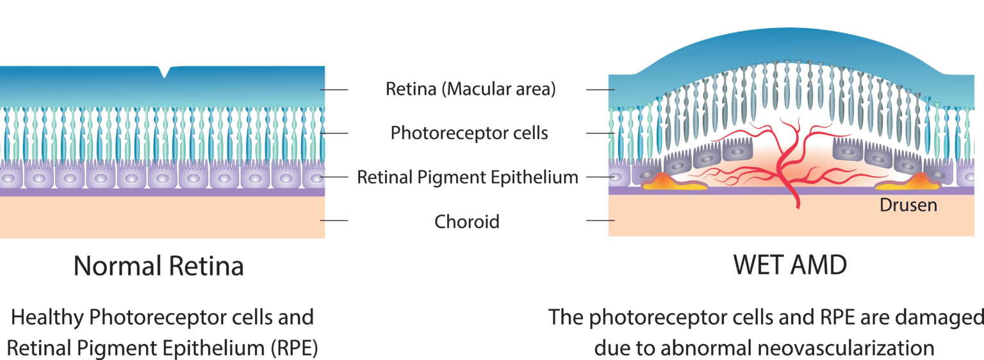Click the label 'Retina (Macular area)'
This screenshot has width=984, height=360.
470,89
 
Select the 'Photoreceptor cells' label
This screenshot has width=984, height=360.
469,133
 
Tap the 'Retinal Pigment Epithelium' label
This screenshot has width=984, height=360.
468,177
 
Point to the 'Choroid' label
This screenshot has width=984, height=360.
466,222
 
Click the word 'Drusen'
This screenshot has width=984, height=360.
908,206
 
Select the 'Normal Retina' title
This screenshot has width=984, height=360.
158,266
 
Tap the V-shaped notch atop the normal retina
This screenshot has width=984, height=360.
165,72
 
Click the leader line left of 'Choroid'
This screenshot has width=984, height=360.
334,220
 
